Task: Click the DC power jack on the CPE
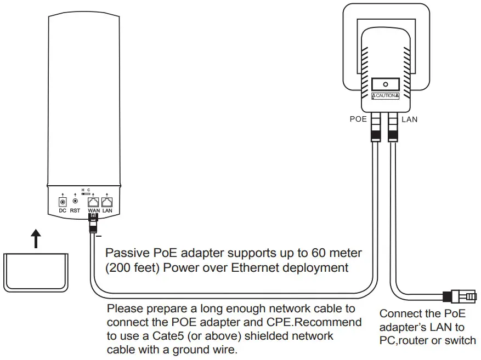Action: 62,201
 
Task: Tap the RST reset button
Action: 75,201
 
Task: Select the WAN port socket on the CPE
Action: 94,201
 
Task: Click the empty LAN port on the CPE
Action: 107,201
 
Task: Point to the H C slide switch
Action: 86,193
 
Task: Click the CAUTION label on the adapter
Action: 385,96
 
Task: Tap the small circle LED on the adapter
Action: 385,85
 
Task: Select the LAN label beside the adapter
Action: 409,119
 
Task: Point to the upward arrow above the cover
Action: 36,239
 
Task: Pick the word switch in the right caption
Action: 461,340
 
